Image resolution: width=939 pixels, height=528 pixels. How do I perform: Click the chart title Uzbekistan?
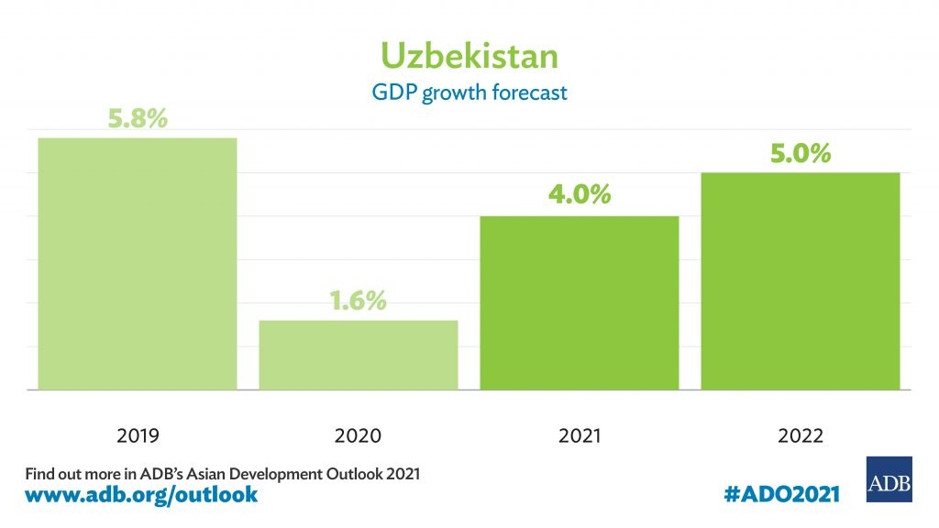pyautogui.click(x=469, y=56)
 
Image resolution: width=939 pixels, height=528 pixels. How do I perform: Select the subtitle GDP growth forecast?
pyautogui.click(x=469, y=93)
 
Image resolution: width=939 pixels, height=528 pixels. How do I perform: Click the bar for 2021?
pyautogui.click(x=580, y=302)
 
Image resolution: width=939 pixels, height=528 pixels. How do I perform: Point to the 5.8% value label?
pyautogui.click(x=138, y=118)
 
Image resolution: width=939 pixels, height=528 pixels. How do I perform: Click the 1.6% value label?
pyautogui.click(x=357, y=301)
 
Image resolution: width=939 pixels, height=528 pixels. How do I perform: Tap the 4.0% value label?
pyautogui.click(x=580, y=195)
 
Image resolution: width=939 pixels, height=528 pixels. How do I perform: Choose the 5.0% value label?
pyautogui.click(x=800, y=152)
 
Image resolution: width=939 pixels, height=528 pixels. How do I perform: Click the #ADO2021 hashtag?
pyautogui.click(x=780, y=494)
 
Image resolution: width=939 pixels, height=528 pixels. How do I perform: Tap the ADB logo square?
pyautogui.click(x=889, y=478)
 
